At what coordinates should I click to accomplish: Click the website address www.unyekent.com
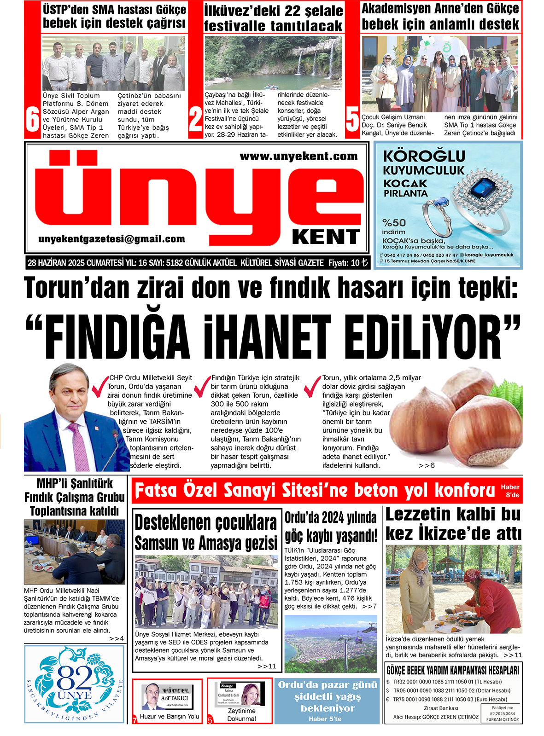tap(298, 156)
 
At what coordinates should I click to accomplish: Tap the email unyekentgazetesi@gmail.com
tap(111, 239)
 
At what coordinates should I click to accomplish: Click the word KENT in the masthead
tap(326, 237)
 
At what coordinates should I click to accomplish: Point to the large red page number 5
tap(352, 119)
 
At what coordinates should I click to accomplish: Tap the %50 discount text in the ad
tap(394, 222)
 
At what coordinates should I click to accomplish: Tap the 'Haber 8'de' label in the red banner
tap(510, 491)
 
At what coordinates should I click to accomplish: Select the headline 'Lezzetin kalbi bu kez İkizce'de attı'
tap(453, 524)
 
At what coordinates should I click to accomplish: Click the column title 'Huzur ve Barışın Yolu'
tap(170, 716)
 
